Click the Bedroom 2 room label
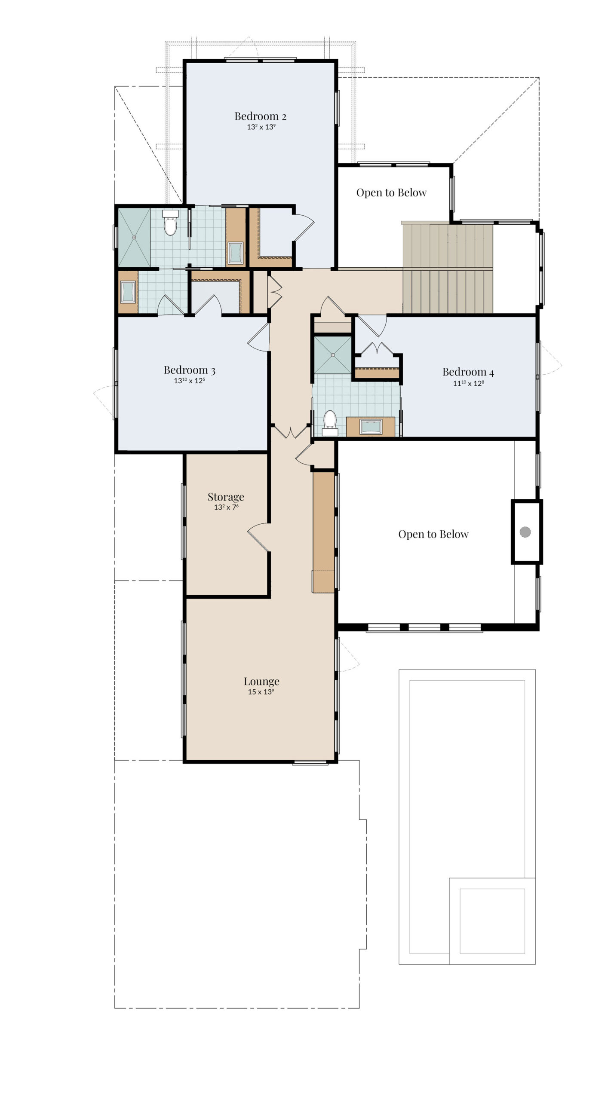coord(260,116)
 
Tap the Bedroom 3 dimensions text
coord(189,381)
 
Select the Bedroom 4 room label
coord(468,372)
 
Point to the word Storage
coord(226,497)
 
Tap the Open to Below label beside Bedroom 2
coord(391,192)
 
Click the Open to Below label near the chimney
coord(433,534)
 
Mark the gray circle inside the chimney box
coord(525,532)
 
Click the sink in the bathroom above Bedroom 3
coord(128,292)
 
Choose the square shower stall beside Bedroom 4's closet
coord(332,355)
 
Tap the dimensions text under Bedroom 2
coord(261,127)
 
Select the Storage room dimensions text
coord(226,507)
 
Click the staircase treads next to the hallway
coord(448,268)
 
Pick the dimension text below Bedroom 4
coord(468,383)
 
